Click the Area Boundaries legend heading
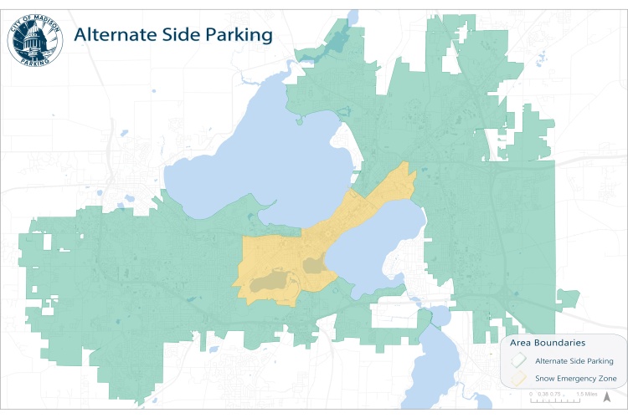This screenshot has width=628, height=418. coord(548,343)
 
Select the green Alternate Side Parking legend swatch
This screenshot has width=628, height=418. coord(519,360)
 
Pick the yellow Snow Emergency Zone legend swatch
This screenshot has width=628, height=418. coord(519,379)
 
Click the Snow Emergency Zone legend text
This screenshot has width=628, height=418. coord(576,380)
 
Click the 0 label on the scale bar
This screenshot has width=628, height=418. coord(533,393)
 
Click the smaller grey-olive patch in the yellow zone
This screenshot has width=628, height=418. coord(315,266)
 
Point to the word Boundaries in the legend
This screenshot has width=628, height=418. coord(560,343)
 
